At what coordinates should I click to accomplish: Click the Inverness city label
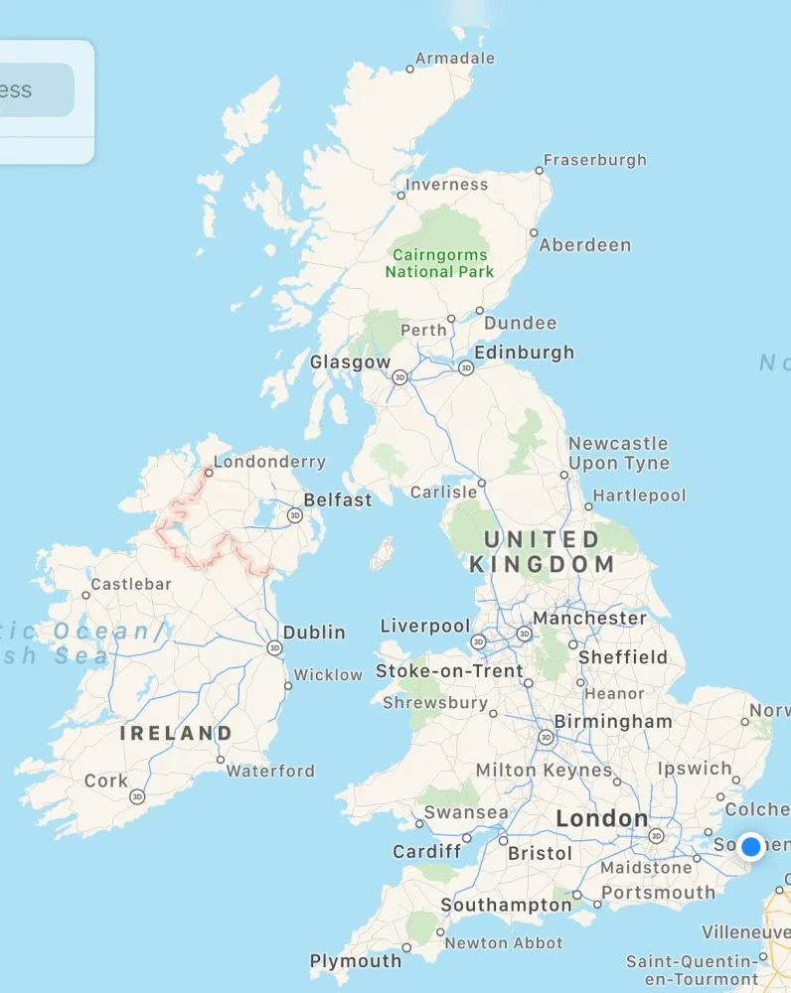[x=447, y=185]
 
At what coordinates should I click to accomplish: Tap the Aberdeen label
[x=584, y=244]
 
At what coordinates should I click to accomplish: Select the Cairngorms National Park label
[x=439, y=262]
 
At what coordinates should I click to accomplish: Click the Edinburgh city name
[x=524, y=353]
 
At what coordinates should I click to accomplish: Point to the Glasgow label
[x=350, y=362]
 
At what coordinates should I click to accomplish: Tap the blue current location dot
[x=751, y=846]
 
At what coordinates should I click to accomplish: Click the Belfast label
[x=338, y=499]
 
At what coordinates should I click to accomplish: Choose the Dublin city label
[x=314, y=632]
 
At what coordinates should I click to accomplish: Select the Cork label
[x=106, y=780]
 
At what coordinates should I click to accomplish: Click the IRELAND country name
[x=176, y=734]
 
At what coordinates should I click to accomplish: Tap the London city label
[x=601, y=819]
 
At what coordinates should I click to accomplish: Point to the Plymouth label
[x=356, y=961]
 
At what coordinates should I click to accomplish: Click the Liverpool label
[x=425, y=627]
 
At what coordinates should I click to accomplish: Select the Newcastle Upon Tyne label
[x=618, y=453]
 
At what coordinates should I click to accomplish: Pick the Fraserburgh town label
[x=594, y=160]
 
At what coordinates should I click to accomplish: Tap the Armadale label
[x=454, y=59]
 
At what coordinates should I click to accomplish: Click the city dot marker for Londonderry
[x=208, y=473]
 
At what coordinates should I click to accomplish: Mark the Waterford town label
[x=269, y=771]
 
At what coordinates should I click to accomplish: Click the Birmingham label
[x=613, y=722]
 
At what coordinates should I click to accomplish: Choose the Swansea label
[x=466, y=812]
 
